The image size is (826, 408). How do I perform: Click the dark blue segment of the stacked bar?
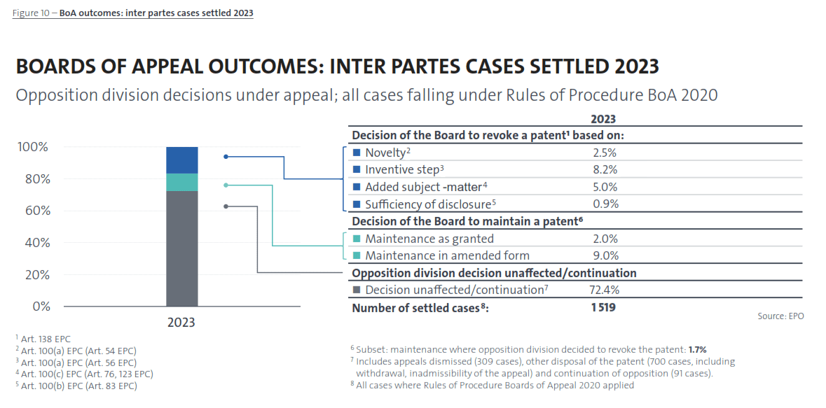pyautogui.click(x=181, y=160)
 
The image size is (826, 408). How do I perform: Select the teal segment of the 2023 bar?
pyautogui.click(x=181, y=182)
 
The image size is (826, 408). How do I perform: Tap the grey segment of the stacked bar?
pyautogui.click(x=181, y=248)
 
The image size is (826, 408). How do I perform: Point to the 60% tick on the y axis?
pyautogui.click(x=32, y=211)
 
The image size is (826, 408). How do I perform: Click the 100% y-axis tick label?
pyautogui.click(x=32, y=147)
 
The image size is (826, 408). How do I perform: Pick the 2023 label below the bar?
pyautogui.click(x=181, y=323)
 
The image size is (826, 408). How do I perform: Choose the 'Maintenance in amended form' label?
pyautogui.click(x=447, y=255)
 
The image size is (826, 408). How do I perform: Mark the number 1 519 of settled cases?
pyautogui.click(x=603, y=307)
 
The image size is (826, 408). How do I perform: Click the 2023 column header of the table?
pyautogui.click(x=603, y=120)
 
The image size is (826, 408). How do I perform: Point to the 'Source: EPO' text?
pyautogui.click(x=780, y=316)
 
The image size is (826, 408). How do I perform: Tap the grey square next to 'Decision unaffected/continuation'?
pyautogui.click(x=357, y=290)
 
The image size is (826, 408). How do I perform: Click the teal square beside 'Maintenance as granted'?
pyautogui.click(x=357, y=239)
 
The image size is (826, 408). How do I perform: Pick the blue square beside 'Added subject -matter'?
pyautogui.click(x=357, y=187)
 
